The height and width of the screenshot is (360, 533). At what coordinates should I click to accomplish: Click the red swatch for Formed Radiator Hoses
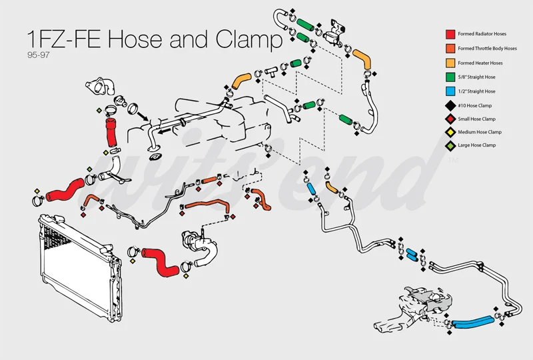[x=450, y=33]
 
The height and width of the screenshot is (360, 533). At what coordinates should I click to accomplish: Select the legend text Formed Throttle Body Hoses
[x=487, y=48]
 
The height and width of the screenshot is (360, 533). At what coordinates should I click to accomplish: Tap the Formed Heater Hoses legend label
[x=480, y=63]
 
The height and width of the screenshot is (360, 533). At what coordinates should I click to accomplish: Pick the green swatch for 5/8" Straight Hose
[x=450, y=77]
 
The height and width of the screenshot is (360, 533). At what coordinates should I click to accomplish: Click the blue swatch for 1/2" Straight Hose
[x=450, y=91]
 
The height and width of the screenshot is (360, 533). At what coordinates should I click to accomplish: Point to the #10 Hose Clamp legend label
[x=475, y=105]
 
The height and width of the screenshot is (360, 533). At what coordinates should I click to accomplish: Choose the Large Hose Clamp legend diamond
[x=450, y=145]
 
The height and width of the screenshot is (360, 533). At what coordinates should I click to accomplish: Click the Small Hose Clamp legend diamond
[x=450, y=118]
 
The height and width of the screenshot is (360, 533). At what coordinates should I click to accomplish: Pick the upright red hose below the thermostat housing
[x=111, y=132]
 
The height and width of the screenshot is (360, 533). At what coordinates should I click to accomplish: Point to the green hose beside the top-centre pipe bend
[x=304, y=24]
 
